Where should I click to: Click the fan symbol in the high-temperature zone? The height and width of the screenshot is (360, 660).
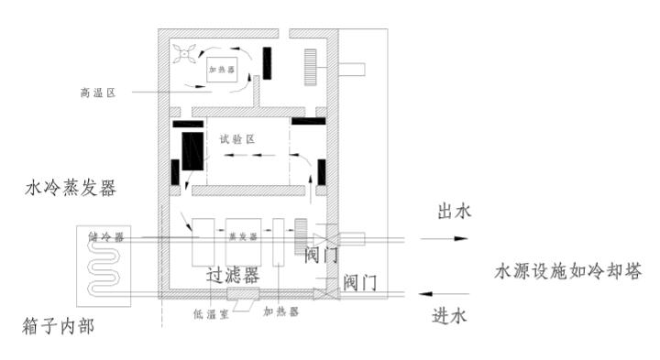pos(184,55)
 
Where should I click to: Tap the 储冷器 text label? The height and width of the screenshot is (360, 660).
pos(106,235)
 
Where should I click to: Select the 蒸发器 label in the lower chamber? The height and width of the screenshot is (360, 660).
pos(241,235)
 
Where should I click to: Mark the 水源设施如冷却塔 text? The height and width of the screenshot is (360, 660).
pos(567,272)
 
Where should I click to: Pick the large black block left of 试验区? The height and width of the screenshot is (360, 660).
pos(192,150)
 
